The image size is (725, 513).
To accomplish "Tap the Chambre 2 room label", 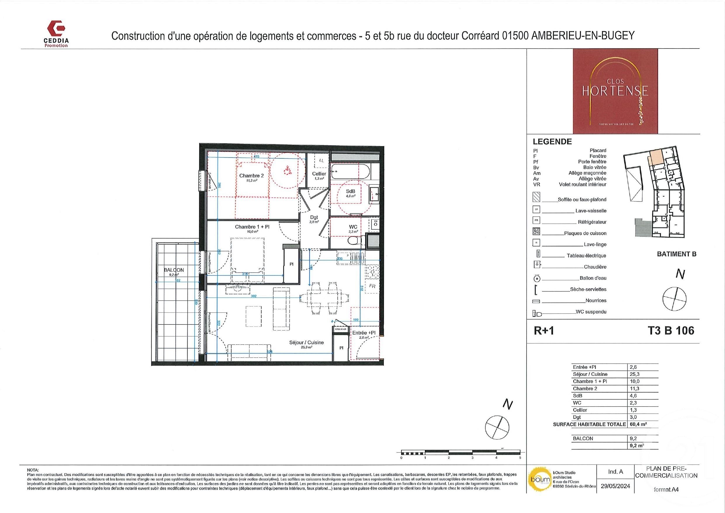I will point(251,176).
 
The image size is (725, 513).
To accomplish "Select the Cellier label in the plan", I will point(319,174).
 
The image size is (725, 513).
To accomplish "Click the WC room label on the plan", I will point(353,227).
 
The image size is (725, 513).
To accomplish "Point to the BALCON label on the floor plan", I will point(174,270).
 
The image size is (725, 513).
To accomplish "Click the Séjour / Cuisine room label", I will point(306,342).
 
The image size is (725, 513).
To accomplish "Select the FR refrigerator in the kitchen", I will point(372,286).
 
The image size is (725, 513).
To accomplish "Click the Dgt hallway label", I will point(314,217).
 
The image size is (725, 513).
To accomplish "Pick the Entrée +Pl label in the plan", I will point(364,333).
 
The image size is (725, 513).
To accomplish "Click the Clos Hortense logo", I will point(615,91).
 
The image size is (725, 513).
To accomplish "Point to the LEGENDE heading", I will point(552,142).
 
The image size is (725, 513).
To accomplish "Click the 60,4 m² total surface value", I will point(638,424).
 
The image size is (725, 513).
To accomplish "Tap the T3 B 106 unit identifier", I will point(671,331).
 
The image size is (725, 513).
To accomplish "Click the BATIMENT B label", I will point(676,254).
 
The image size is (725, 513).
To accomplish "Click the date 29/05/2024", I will point(615,486).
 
